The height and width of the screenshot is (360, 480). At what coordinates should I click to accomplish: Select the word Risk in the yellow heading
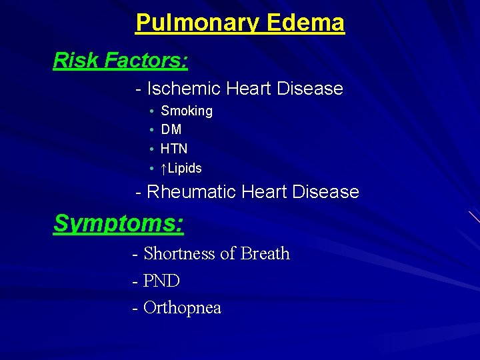pos(75,61)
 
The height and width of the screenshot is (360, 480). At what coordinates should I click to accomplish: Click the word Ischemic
pos(184,89)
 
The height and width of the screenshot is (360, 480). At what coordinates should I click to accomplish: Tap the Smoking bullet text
pos(187,111)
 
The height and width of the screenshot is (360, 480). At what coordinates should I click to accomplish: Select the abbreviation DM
pos(171,130)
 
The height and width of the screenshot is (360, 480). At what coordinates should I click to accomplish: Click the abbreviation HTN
pos(174,149)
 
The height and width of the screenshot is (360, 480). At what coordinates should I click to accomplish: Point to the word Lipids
pos(185,168)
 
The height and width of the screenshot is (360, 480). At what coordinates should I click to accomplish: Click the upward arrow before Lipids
pos(164,168)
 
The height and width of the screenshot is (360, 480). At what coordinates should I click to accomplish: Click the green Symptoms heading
pos(118,223)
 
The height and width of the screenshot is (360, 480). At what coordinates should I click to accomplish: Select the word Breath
pos(265,254)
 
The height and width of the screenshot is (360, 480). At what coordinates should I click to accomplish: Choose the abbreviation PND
pos(162,281)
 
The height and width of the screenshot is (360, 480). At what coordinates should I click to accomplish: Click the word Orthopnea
pos(182,308)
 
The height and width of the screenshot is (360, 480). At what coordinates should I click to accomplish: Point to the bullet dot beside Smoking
pos(153,111)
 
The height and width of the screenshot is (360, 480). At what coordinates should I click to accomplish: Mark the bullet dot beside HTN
pos(153,149)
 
